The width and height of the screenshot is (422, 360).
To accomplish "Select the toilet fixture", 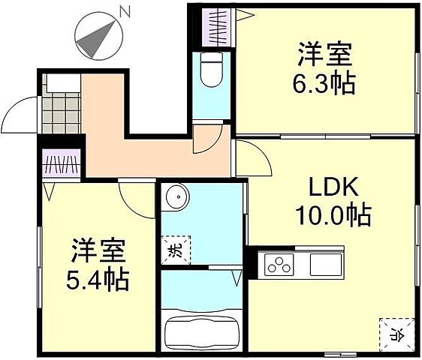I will tap(211, 72).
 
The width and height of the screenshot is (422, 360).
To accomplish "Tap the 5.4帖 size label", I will tap(98, 280).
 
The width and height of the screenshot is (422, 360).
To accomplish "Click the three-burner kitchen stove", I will tap(278, 265).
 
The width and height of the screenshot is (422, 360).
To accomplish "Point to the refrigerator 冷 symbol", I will tap(395, 331).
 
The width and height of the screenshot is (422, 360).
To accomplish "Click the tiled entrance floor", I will tap(60, 109).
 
